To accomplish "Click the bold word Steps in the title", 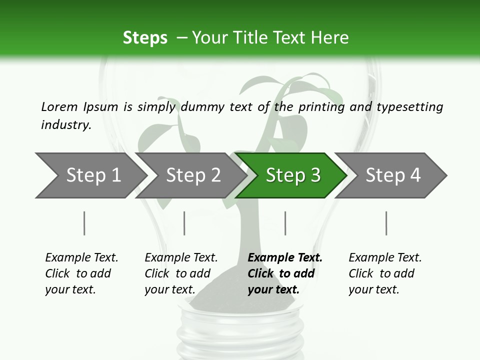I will [145, 38].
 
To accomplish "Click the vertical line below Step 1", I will [84, 223].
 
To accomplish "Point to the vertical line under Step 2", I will [184, 223].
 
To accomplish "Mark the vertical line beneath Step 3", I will [285, 223].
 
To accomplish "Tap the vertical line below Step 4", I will [386, 223].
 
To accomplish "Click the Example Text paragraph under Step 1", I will [81, 273].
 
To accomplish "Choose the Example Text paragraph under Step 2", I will [181, 273].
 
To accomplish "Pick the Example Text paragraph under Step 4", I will [385, 273].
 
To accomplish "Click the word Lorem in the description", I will [59, 106].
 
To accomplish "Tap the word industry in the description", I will [66, 124].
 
